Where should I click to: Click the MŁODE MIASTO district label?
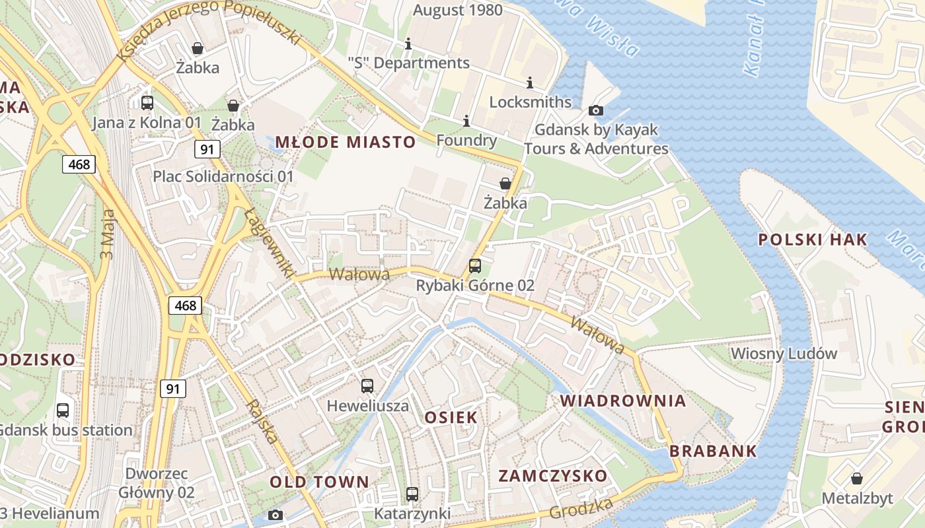pyautogui.click(x=345, y=142)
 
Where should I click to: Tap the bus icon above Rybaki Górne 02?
pyautogui.click(x=474, y=266)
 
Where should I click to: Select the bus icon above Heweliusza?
pyautogui.click(x=367, y=385)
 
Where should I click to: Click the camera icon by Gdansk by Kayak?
pyautogui.click(x=595, y=110)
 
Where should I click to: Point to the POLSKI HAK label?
pyautogui.click(x=812, y=240)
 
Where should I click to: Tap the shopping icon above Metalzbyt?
pyautogui.click(x=857, y=478)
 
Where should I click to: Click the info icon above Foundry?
pyautogui.click(x=466, y=121)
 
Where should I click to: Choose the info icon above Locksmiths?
pyautogui.click(x=529, y=82)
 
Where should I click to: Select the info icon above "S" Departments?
pyautogui.click(x=408, y=44)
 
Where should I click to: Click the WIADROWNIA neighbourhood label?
pyautogui.click(x=623, y=401)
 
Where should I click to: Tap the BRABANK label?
pyautogui.click(x=713, y=452)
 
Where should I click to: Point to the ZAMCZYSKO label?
pyautogui.click(x=552, y=476)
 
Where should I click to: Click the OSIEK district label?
pyautogui.click(x=451, y=417)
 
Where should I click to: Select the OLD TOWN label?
pyautogui.click(x=319, y=482)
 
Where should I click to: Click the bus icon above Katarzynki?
pyautogui.click(x=412, y=494)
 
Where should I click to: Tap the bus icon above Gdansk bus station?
pyautogui.click(x=63, y=410)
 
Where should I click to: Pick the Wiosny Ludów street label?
pyautogui.click(x=783, y=354)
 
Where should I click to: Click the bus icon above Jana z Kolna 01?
pyautogui.click(x=147, y=103)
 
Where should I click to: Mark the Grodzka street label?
pyautogui.click(x=581, y=508)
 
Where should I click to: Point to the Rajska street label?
pyautogui.click(x=262, y=421)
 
